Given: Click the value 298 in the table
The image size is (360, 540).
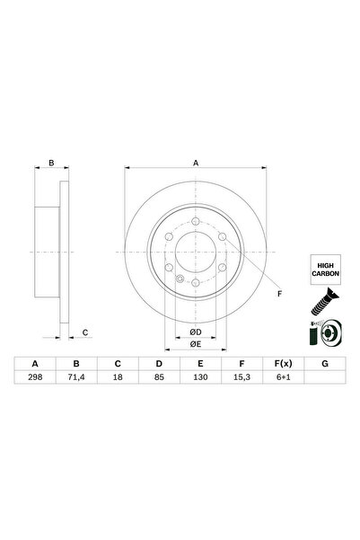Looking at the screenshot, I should click(36, 380).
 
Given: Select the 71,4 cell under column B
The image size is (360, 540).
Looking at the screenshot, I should click(77, 380).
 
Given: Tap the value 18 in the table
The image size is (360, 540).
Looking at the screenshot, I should click(118, 380).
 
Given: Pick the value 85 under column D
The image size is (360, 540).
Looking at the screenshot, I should click(159, 380).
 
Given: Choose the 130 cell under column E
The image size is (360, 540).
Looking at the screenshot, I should click(200, 380).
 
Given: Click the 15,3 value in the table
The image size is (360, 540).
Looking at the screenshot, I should click(241, 380).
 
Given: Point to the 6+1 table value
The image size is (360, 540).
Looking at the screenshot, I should click(282, 380).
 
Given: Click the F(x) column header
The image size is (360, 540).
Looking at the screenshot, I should click(282, 364).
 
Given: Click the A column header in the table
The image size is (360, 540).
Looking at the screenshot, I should click(36, 364).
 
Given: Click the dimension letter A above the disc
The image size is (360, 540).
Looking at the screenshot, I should click(195, 164).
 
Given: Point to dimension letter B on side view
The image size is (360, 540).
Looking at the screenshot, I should click(52, 164).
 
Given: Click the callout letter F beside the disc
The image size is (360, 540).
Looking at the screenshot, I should click(278, 294).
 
